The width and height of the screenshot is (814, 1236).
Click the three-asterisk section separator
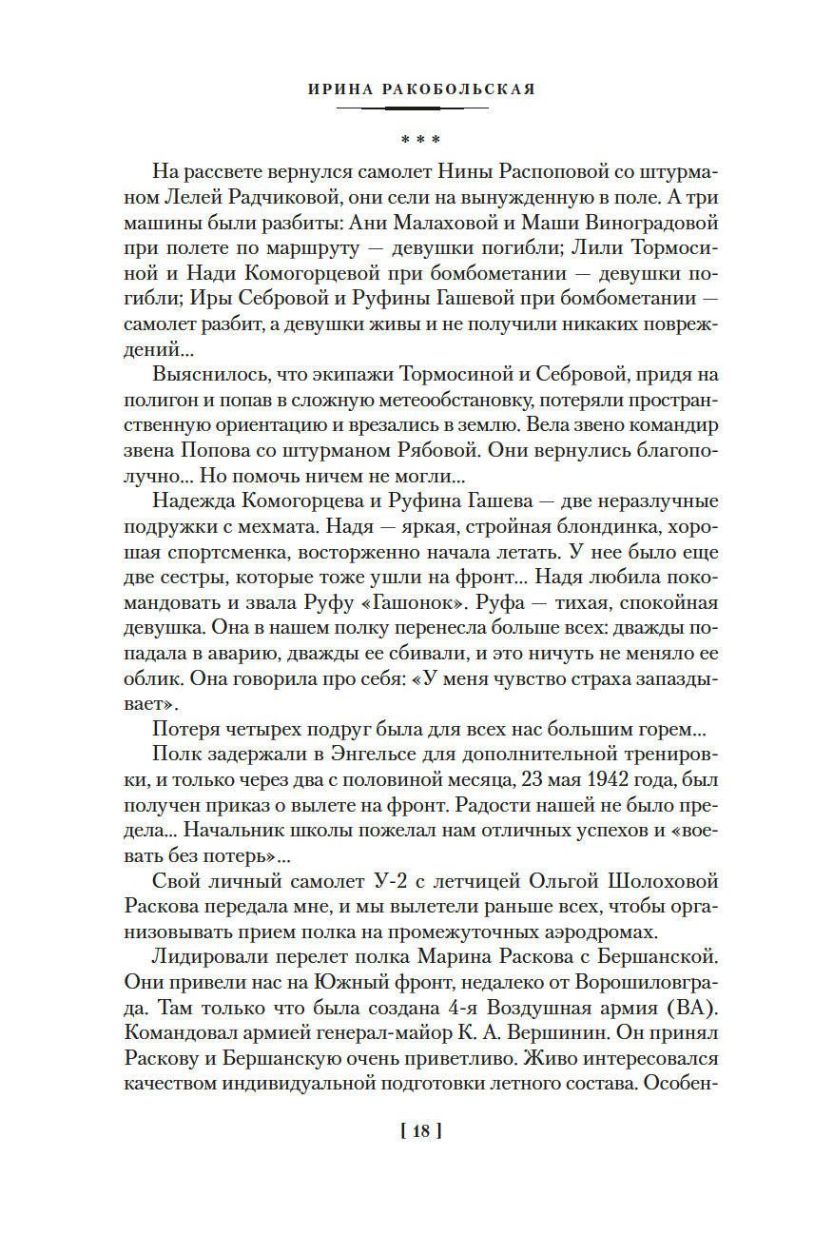[419, 139]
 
